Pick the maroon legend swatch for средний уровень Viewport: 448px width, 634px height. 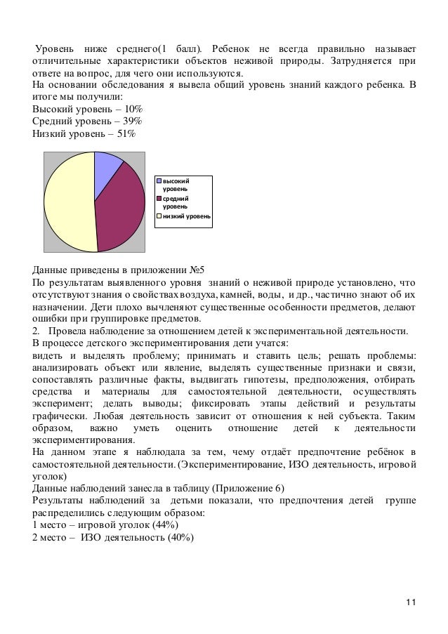point(159,199)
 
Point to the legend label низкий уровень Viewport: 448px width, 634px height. point(186,216)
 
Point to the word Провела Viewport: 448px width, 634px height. point(70,331)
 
